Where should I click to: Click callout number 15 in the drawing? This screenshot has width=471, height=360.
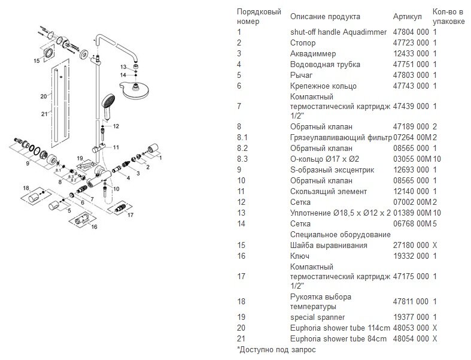point(37,60)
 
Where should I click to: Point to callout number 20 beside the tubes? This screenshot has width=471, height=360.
point(43,95)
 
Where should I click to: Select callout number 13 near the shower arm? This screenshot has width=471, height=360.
point(123,66)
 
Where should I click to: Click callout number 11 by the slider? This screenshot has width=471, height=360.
point(116,147)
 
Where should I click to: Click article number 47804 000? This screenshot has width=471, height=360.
point(411,32)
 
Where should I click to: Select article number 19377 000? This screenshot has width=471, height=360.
point(411,317)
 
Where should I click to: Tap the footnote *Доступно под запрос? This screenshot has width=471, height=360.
point(276,349)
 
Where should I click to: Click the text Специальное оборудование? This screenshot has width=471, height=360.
point(336,234)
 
